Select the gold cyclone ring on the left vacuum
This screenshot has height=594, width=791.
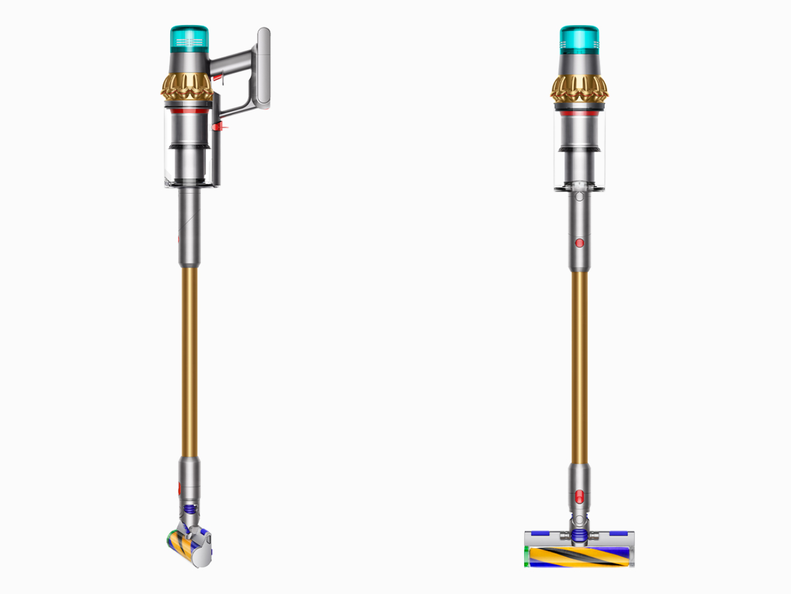pyautogui.click(x=186, y=87)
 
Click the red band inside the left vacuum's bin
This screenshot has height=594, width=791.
pyautogui.click(x=188, y=112)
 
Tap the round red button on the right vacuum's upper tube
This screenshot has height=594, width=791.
pyautogui.click(x=579, y=243)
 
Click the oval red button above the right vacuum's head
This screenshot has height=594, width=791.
pyautogui.click(x=579, y=497)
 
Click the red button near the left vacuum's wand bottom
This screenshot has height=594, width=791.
pyautogui.click(x=179, y=487)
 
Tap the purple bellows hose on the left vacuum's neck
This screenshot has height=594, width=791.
pyautogui.click(x=189, y=511)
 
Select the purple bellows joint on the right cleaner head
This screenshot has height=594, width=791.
pyautogui.click(x=578, y=535)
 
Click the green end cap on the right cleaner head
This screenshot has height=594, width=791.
pyautogui.click(x=527, y=557)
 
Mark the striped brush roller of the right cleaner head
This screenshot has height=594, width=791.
pyautogui.click(x=578, y=557)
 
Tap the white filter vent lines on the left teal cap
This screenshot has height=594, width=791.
pyautogui.click(x=189, y=42)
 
